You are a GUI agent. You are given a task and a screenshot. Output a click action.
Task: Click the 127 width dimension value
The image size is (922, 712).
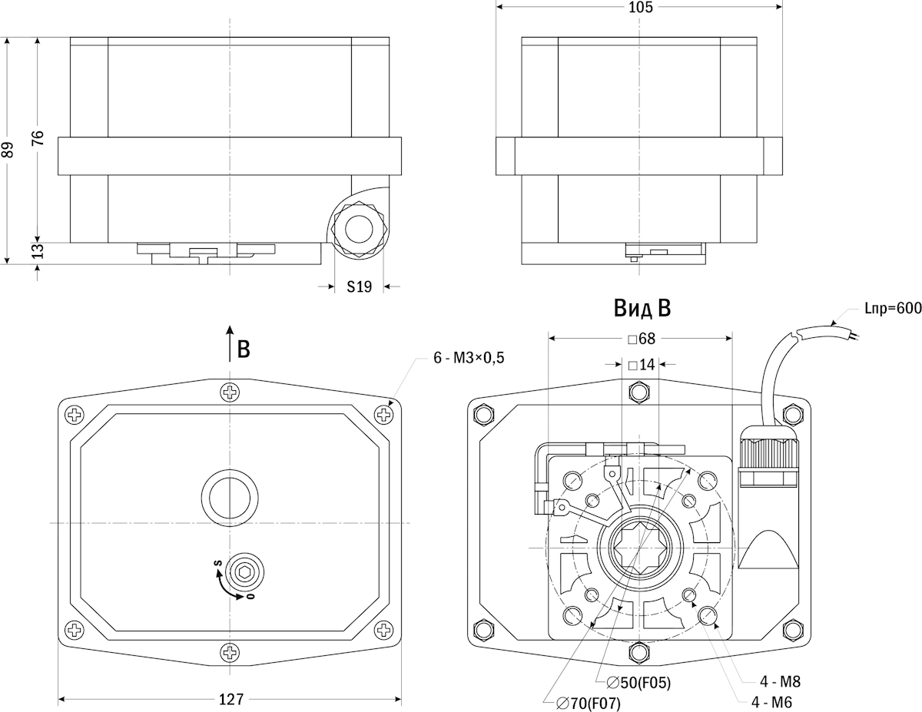pyautogui.click(x=230, y=699)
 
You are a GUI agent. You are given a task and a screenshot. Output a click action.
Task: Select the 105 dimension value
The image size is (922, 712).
pyautogui.click(x=639, y=8)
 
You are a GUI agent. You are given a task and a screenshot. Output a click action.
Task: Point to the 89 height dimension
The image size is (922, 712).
pyautogui.click(x=8, y=149)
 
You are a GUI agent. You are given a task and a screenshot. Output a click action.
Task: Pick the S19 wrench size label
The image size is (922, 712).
pyautogui.click(x=359, y=286)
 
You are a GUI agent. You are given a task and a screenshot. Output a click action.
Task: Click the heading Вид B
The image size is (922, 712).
pyautogui.click(x=642, y=309)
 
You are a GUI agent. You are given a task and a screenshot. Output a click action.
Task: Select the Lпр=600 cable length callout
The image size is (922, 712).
pyautogui.click(x=892, y=310)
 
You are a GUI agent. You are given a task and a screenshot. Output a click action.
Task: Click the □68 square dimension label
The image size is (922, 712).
pyautogui.click(x=640, y=339)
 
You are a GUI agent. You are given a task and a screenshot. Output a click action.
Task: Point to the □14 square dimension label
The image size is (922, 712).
pyautogui.click(x=640, y=365)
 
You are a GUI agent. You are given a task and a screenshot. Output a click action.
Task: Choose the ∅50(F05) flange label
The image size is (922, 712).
pyautogui.click(x=638, y=682)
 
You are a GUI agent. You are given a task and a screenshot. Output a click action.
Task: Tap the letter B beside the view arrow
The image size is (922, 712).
pyautogui.click(x=244, y=349)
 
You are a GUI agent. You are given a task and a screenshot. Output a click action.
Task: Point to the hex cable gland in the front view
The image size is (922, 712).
pyautogui.click(x=358, y=229)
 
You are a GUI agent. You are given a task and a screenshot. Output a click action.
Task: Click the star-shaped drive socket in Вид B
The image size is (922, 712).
pyautogui.click(x=640, y=546)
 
